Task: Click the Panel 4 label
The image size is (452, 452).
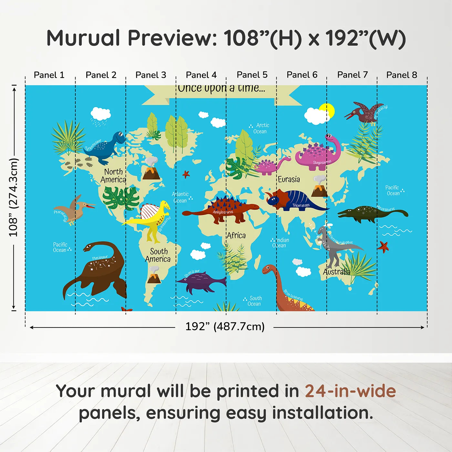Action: [x=201, y=75]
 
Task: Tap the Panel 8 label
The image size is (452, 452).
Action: [x=402, y=75]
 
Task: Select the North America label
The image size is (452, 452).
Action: [x=113, y=176]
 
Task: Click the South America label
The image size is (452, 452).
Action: [x=158, y=255]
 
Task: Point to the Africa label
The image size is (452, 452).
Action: [x=236, y=235]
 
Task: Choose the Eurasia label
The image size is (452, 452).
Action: [x=289, y=179]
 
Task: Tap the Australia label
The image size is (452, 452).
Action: [x=336, y=272]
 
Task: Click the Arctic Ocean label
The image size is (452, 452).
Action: [x=261, y=128]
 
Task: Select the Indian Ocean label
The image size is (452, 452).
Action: [x=280, y=242]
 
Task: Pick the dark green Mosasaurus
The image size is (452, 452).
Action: [x=371, y=213]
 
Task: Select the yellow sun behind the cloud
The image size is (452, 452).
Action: [x=329, y=109]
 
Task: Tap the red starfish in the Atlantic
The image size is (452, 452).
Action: [x=186, y=174]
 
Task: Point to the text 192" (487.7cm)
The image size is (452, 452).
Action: [x=225, y=326]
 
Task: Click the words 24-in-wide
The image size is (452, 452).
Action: [x=350, y=391]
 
